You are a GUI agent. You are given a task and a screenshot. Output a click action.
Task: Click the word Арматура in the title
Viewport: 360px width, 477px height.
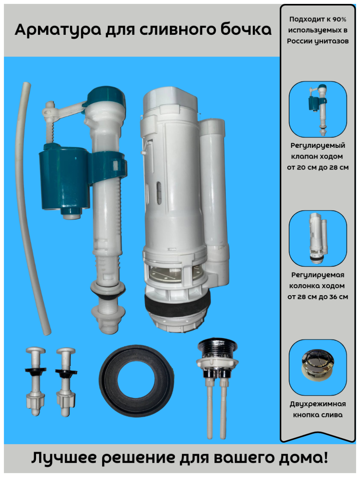point(58,30)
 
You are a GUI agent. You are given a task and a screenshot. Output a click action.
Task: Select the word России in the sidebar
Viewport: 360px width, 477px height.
point(299,41)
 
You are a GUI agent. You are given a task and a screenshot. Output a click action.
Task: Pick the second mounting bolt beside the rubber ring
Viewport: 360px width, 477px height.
point(66,382)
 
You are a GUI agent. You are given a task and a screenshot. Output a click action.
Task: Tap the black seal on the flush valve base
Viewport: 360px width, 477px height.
point(177,301)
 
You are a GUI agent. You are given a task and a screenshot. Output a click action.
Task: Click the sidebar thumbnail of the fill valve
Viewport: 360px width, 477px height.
point(318,109)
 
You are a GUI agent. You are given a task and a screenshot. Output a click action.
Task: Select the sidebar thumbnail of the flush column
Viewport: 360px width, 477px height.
point(318,238)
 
